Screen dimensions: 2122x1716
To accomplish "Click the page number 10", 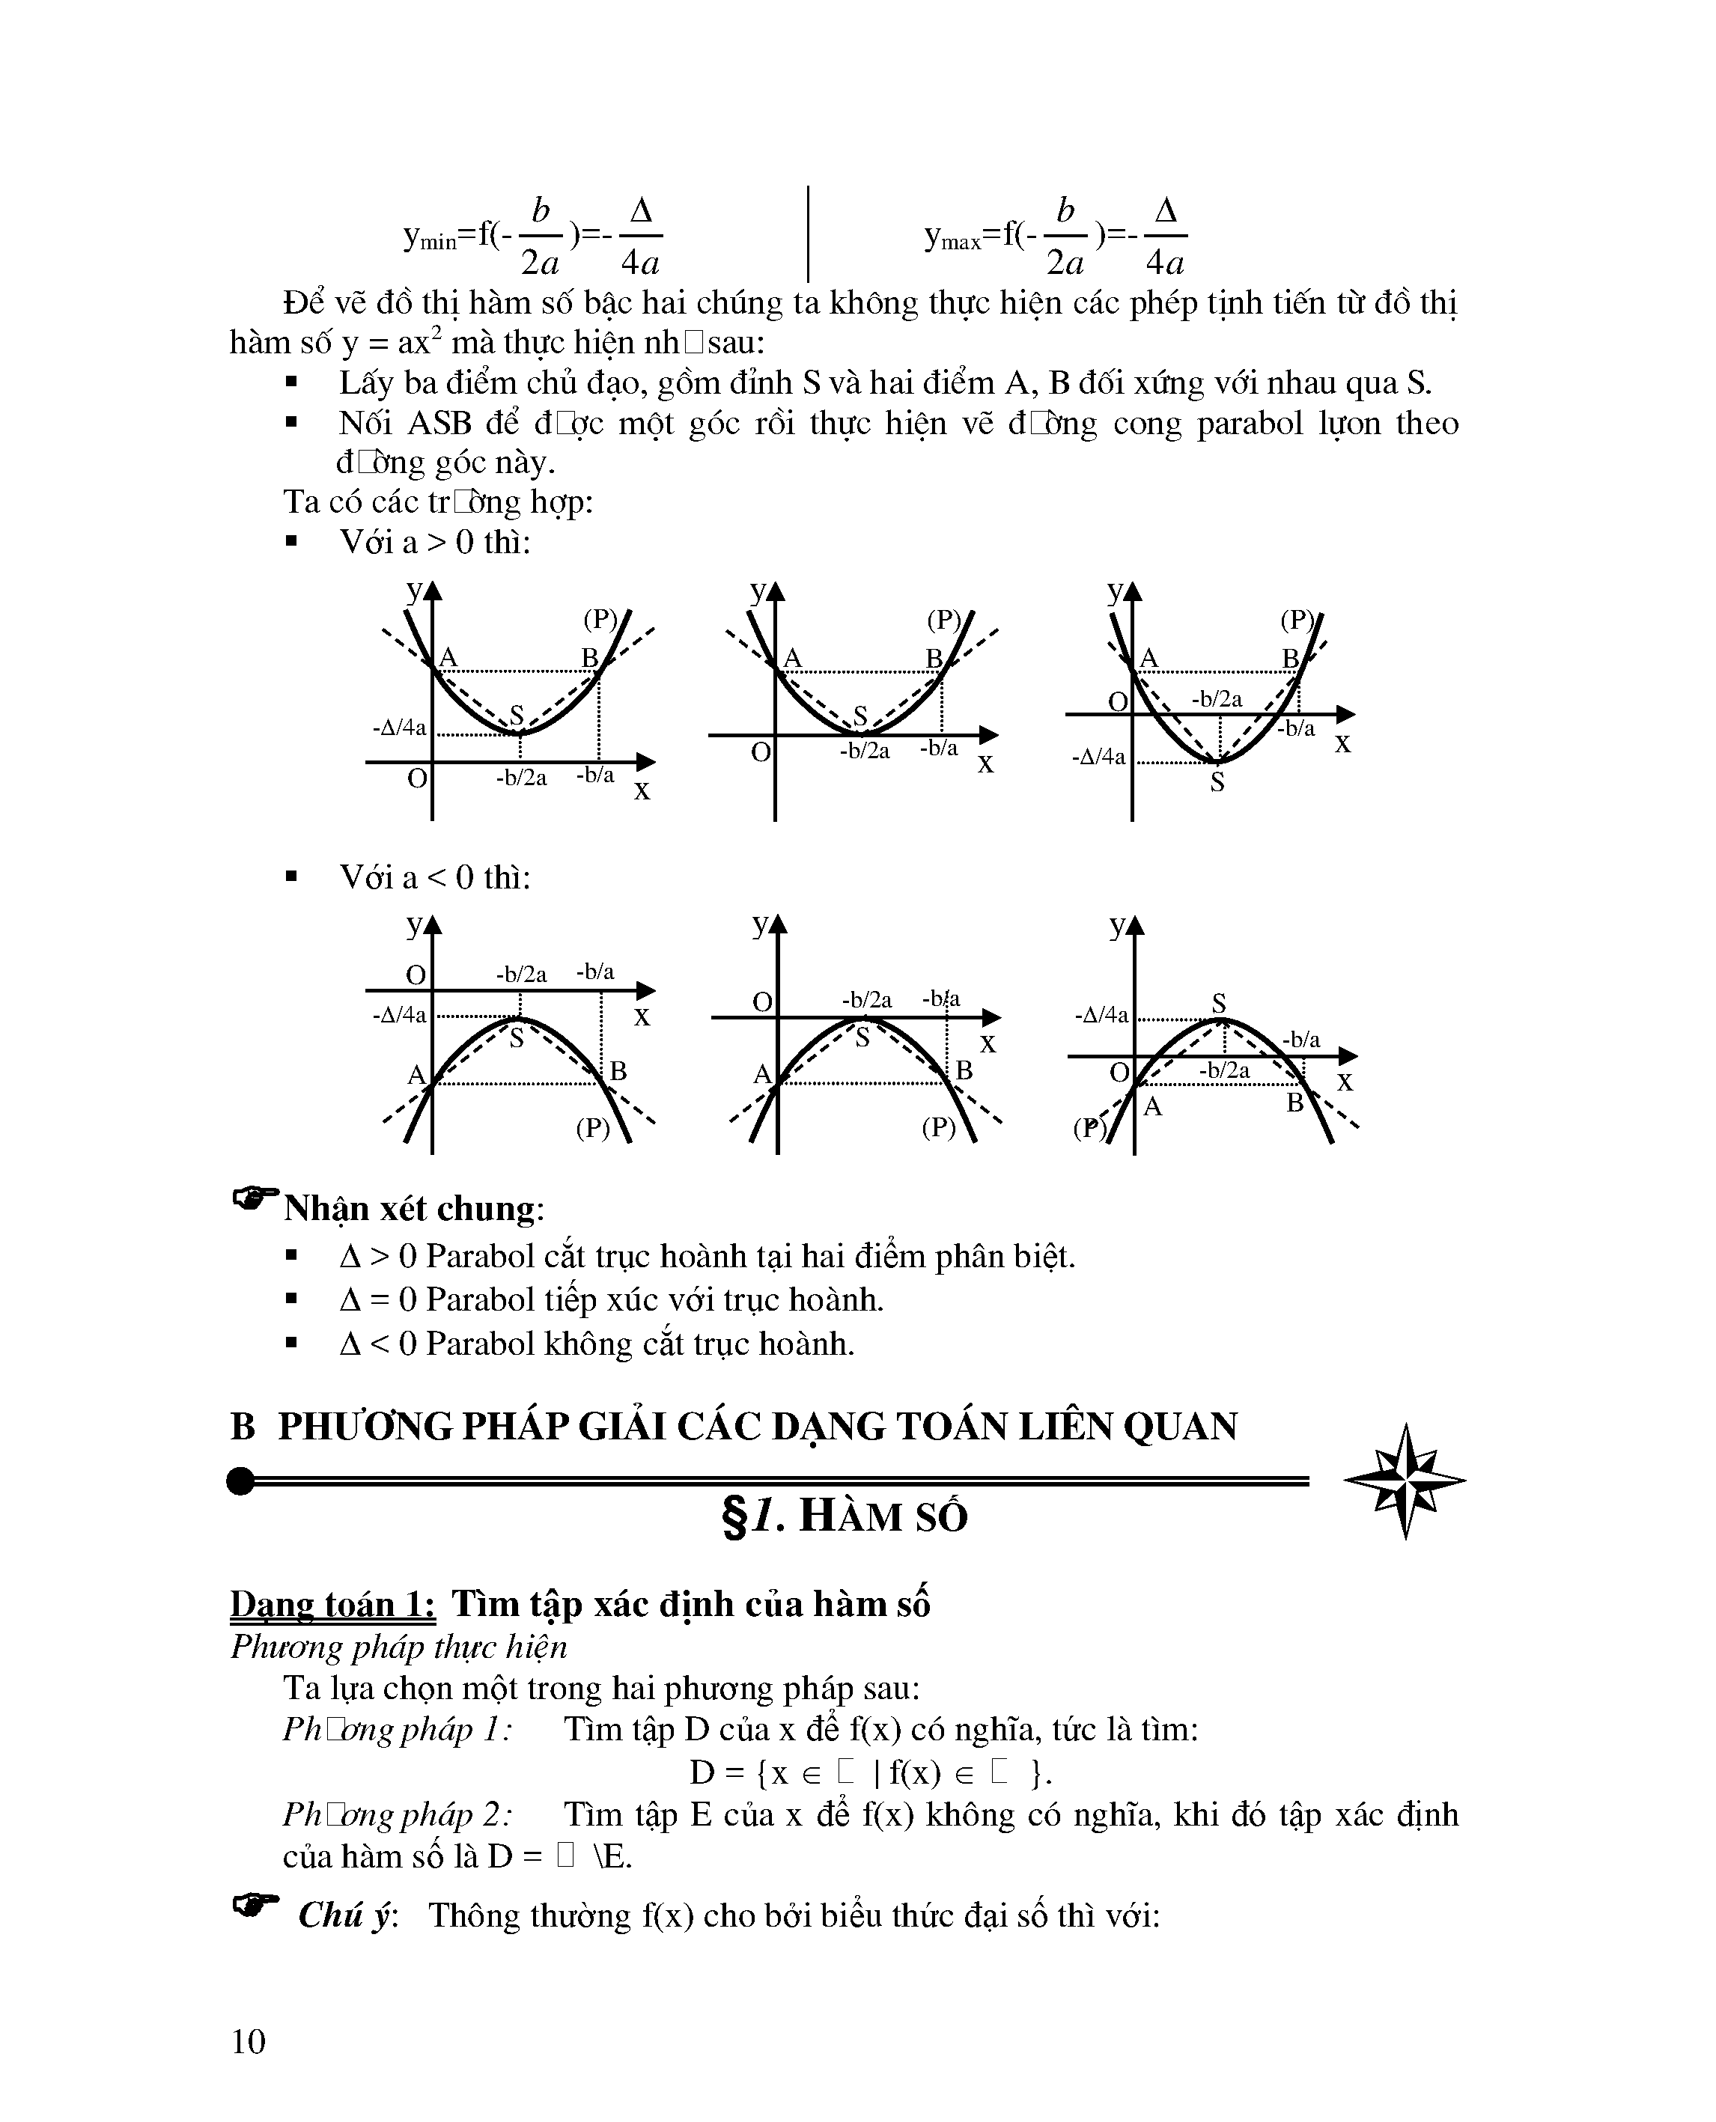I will pos(248,2041).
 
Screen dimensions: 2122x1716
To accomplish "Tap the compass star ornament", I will pos(1405,1481).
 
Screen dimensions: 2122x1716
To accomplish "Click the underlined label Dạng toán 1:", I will pos(332,1604).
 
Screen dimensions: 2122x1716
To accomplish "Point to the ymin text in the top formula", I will pos(430,237).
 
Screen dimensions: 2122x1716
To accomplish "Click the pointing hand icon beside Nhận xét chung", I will pos(255,1200).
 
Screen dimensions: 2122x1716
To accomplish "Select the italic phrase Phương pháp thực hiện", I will pos(398,1647).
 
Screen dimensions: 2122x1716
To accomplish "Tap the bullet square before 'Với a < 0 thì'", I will pos(290,876).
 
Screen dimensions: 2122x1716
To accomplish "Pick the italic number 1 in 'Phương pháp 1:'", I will pos(492,1730).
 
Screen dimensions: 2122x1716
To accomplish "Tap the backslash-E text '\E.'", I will pos(613,1857).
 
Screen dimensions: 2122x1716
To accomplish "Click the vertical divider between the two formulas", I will pos(809,234).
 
